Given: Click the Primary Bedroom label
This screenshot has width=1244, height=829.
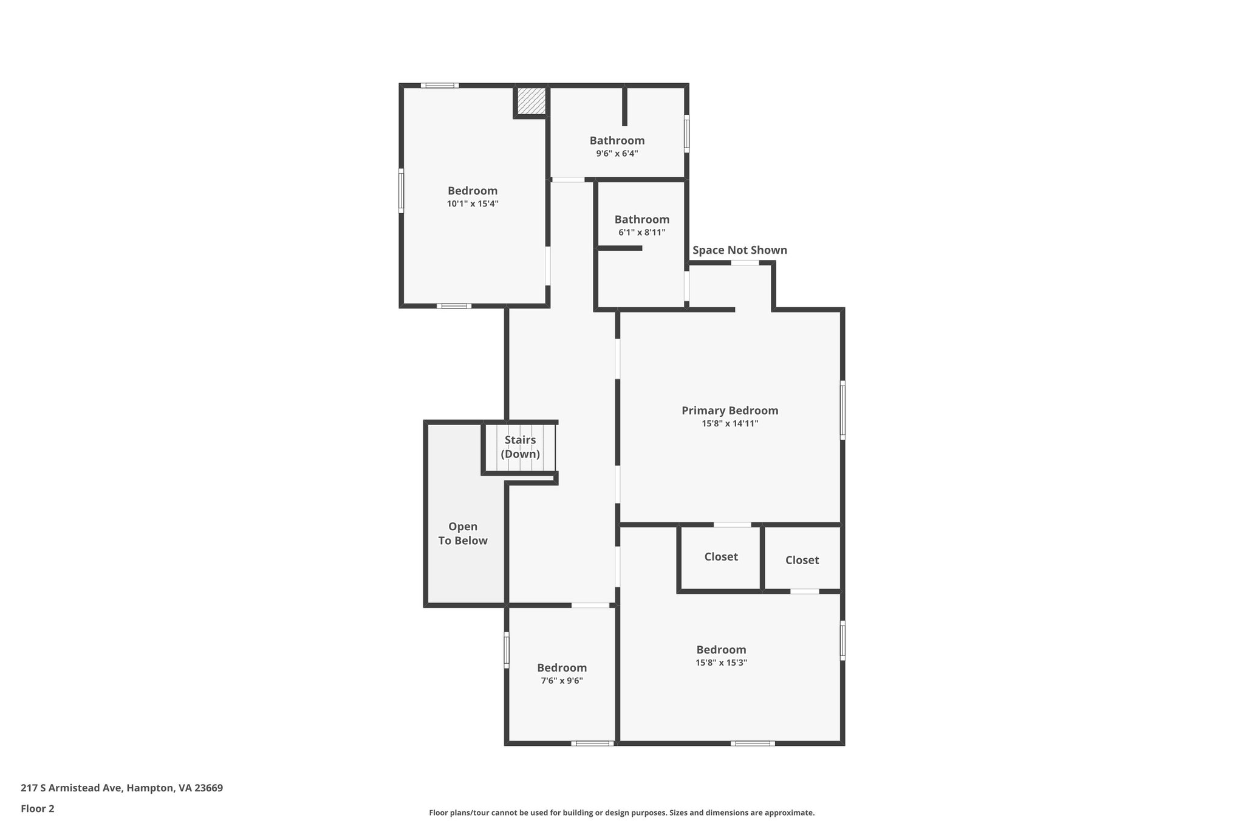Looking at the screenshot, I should (730, 411).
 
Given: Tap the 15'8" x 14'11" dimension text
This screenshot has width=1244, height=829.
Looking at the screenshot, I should (730, 424).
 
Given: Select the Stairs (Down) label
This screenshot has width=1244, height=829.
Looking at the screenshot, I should (520, 447).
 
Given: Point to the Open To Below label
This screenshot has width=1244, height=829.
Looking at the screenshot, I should (463, 534).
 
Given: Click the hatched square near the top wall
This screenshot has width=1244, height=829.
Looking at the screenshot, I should (531, 100).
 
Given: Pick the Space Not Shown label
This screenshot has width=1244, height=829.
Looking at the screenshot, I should (739, 250).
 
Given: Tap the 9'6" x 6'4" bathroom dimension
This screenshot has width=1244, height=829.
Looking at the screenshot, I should (617, 154).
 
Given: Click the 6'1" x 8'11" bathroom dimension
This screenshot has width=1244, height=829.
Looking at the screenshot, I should (641, 233).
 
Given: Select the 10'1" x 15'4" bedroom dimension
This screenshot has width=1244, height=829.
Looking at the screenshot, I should (473, 204).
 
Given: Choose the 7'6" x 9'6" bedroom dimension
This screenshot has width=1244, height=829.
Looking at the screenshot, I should (562, 681).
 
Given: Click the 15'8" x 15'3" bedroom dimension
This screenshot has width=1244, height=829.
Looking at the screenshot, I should (721, 663).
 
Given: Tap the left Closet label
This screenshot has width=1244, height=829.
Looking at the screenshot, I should (721, 557).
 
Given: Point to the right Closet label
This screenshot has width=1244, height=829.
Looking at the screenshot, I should (802, 560).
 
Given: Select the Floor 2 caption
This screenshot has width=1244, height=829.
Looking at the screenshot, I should (38, 808).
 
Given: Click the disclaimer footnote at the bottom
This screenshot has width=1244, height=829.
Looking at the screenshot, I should (621, 813).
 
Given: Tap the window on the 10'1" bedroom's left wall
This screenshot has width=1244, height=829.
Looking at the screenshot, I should (401, 191).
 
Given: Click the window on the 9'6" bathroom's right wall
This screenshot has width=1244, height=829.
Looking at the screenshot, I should (686, 134).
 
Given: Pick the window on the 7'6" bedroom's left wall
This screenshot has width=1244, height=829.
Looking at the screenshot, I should (506, 650).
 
